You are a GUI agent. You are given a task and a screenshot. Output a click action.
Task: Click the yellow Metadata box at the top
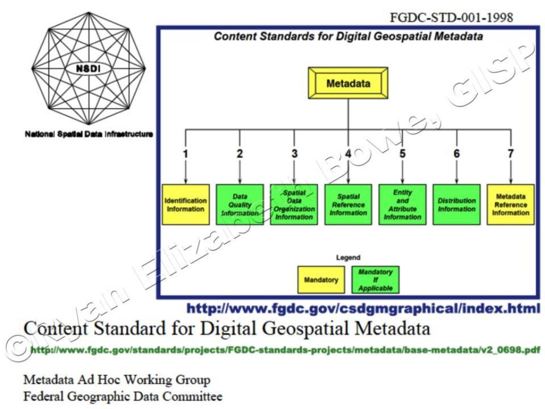[x=348, y=84]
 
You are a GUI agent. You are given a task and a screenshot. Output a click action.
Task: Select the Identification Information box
[x=186, y=204]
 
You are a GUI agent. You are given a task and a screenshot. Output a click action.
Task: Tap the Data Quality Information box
[x=240, y=204]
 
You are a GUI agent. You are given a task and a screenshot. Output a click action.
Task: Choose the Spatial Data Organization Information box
[x=294, y=204]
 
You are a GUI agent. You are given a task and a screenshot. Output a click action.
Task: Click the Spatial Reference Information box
[x=349, y=204]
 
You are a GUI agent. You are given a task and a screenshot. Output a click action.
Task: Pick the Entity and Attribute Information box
[x=402, y=204]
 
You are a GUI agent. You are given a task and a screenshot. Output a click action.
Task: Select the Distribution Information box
[x=457, y=204]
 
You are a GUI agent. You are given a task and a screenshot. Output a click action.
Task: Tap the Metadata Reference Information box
[x=511, y=204]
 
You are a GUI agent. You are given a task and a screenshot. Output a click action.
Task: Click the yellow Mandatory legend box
[x=321, y=280]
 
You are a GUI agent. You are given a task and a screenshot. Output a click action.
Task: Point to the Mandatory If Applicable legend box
[x=375, y=280]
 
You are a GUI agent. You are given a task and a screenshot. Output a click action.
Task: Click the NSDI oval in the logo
[x=88, y=69]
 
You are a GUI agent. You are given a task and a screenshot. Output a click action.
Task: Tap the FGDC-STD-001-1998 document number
[x=451, y=18]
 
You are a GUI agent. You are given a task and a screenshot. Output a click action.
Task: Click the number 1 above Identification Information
[x=186, y=153]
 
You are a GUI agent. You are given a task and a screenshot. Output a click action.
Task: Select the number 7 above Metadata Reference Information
[x=511, y=153]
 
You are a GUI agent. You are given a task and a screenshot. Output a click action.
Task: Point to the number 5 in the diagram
[x=402, y=153]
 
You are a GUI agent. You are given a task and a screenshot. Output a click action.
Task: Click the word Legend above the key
[x=348, y=257]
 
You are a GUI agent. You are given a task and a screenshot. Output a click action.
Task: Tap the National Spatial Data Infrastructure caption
[x=89, y=134]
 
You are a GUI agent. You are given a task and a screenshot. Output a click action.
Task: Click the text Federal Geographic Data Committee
[x=123, y=397]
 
